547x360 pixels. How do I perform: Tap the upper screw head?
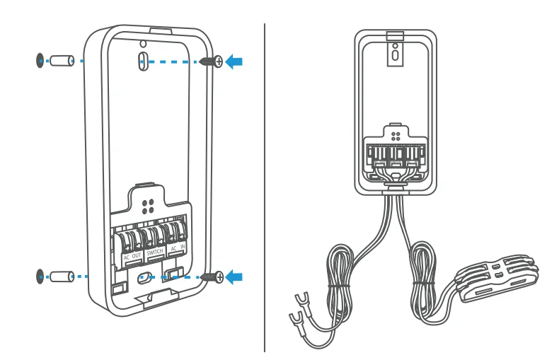pyautogui.click(x=217, y=62)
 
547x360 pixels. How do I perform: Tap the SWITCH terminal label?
pyautogui.click(x=154, y=252)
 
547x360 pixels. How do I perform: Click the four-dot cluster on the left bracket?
pyautogui.click(x=148, y=207)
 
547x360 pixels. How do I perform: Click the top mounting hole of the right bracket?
pyautogui.click(x=394, y=50)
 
